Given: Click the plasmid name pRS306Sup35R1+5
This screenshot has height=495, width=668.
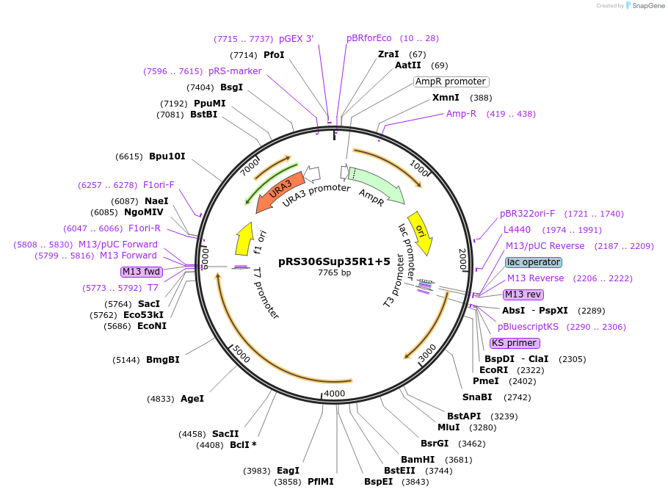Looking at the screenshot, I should click(x=334, y=261).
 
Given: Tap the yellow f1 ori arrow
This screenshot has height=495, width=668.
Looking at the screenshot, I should click(x=244, y=238).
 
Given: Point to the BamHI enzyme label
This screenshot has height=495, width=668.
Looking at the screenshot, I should click(x=418, y=460).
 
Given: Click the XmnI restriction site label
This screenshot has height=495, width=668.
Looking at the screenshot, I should click(x=446, y=98).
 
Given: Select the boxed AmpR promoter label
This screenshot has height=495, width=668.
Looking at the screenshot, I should click(x=451, y=82).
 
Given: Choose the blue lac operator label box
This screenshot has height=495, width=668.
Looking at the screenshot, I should click(x=534, y=262).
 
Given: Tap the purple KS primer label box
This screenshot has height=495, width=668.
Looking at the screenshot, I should click(x=515, y=343).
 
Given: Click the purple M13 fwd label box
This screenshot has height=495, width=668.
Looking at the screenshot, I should click(x=142, y=272).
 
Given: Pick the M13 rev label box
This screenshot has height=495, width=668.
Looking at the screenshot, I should click(x=523, y=295).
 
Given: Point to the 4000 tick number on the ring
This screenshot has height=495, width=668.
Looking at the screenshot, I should click(x=334, y=394).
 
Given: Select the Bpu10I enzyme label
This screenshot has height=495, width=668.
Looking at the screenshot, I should click(x=167, y=156).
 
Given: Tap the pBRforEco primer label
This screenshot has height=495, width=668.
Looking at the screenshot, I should click(x=369, y=38).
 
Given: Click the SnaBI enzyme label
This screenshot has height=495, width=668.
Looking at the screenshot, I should click(x=477, y=397).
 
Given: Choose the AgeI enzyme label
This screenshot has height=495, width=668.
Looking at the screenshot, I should click(x=192, y=399).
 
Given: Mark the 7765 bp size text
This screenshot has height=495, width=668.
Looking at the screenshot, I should click(x=334, y=272).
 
